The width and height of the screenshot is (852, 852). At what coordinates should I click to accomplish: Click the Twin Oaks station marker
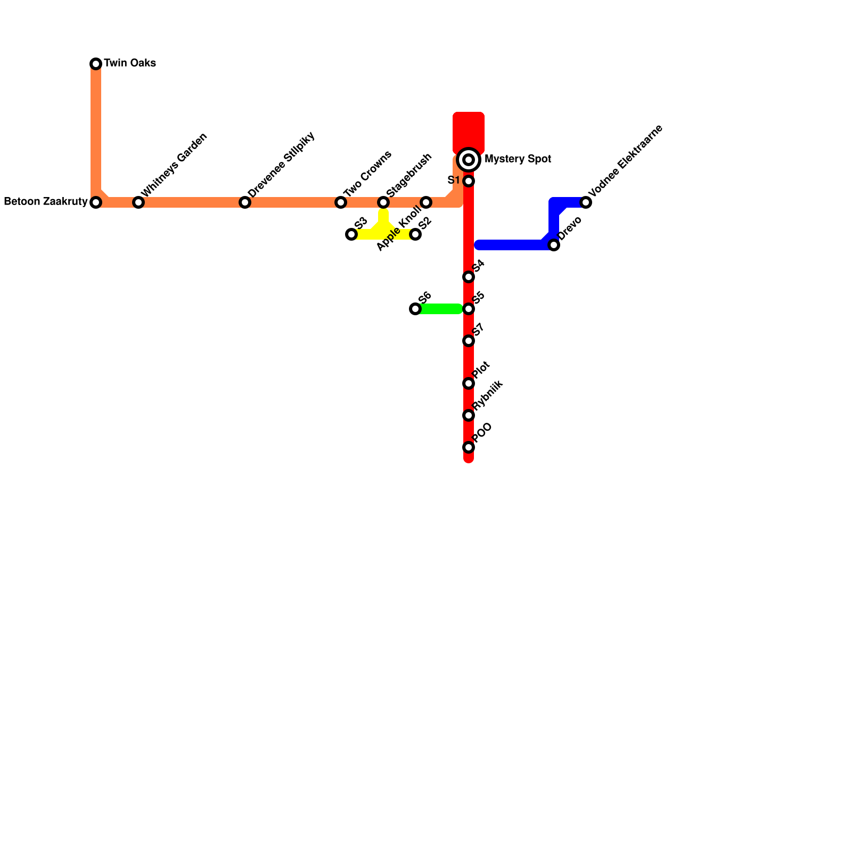point(96,64)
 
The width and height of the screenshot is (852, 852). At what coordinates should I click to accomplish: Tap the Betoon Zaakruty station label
point(45,202)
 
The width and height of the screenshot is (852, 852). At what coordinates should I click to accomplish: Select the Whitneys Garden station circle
point(138,202)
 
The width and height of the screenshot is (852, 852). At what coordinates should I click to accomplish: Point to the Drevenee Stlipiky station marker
point(245,202)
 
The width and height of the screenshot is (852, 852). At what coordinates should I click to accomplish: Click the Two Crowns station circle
point(341,202)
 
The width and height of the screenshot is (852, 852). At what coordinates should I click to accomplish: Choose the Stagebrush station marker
point(383,202)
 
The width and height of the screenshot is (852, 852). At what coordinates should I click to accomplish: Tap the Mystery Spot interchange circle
point(469,160)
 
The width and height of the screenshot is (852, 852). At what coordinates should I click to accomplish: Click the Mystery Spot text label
point(518,159)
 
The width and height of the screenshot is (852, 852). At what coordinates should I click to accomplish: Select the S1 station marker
point(469,181)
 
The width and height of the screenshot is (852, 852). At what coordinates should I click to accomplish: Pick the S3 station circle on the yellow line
point(351,234)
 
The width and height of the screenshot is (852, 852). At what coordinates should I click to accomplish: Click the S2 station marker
point(415,234)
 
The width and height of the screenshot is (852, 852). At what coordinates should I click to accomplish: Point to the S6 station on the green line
point(415,309)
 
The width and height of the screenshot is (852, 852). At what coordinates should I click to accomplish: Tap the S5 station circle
point(469,309)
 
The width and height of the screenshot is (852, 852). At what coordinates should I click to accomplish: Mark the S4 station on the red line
point(469,277)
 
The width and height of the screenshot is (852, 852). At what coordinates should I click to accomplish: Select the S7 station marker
point(469,341)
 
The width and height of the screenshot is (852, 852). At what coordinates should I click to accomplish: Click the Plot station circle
point(469,383)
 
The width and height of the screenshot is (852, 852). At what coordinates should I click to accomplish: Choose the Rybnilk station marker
point(469,415)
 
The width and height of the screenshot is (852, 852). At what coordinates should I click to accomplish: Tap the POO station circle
point(469,447)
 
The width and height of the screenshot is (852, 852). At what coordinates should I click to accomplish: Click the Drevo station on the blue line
point(554,245)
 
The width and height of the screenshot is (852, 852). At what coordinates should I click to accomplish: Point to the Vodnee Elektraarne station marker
point(586,202)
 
